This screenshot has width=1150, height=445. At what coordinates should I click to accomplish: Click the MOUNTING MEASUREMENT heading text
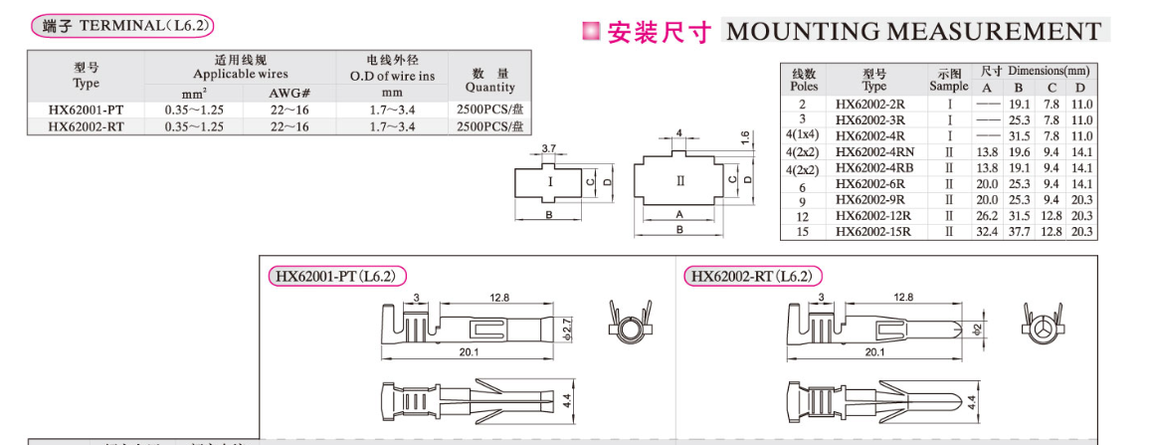914,31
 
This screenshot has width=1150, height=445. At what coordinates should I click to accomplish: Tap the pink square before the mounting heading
590,32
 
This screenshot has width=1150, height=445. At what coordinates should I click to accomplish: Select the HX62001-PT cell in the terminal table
87,110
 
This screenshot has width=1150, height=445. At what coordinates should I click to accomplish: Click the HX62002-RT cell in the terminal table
87,126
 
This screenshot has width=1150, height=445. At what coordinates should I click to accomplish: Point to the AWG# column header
289,93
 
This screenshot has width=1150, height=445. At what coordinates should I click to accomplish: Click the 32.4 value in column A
987,231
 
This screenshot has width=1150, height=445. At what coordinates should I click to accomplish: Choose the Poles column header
804,80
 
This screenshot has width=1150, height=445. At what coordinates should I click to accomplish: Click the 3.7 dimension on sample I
549,148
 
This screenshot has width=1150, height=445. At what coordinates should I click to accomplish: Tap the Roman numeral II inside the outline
681,181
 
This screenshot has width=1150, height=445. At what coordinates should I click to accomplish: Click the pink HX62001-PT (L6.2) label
337,276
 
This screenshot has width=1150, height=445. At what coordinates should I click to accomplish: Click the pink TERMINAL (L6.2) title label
127,26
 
